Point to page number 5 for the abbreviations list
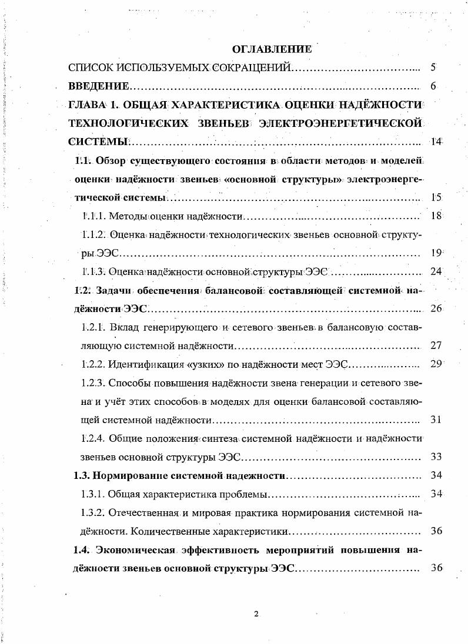(x=433, y=68)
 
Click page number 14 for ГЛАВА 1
(x=436, y=141)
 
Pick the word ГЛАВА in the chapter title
(x=86, y=105)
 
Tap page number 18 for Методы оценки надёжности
(x=436, y=215)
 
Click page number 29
(x=436, y=364)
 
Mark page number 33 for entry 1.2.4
(x=436, y=457)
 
